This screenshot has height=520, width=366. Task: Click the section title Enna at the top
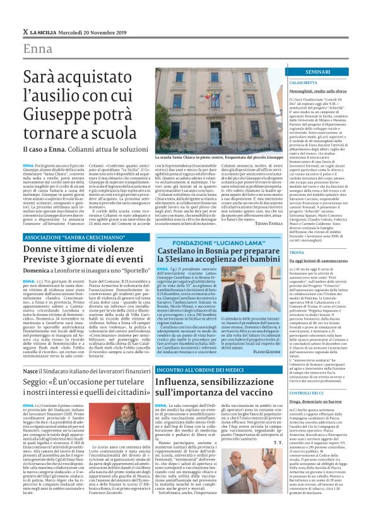pos(38,49)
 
